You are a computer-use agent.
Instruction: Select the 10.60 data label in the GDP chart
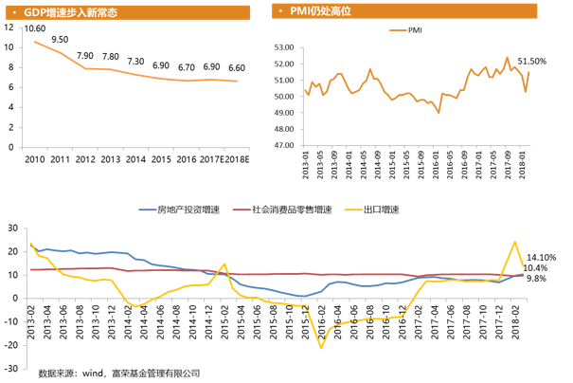35,29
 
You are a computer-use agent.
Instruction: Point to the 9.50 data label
61,40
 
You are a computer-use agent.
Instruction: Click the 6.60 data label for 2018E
237,68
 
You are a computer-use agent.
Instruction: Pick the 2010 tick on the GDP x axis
35,158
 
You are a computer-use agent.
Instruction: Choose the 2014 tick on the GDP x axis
135,158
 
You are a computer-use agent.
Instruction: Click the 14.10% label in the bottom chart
542,257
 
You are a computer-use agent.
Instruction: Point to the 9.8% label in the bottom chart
536,279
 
